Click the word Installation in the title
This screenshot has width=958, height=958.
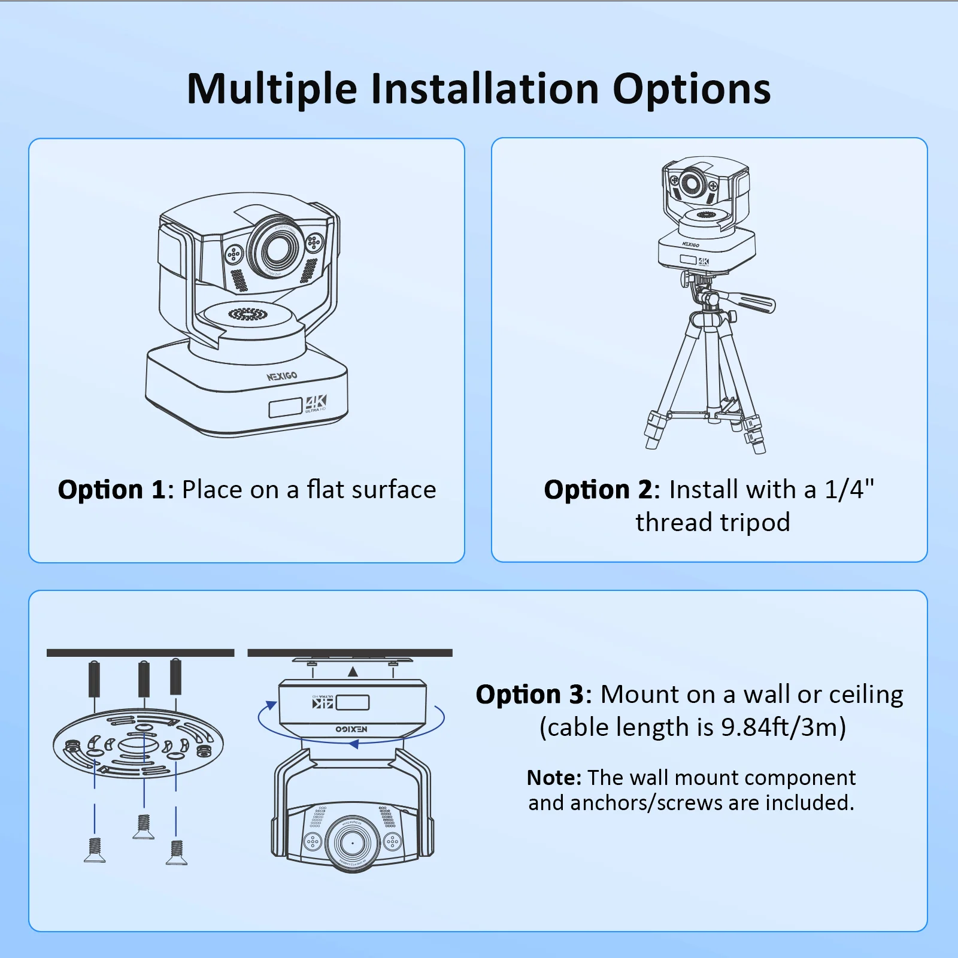click(484, 89)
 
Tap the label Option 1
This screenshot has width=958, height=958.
click(111, 490)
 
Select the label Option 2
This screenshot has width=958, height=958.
click(598, 490)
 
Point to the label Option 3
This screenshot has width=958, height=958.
click(529, 695)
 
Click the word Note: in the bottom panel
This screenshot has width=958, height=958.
click(554, 778)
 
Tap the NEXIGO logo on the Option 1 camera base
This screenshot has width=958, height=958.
click(282, 376)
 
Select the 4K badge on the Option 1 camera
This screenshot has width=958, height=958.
click(316, 403)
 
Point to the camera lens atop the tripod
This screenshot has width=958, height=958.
click(692, 183)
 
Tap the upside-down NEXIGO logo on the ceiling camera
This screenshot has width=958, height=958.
click(351, 729)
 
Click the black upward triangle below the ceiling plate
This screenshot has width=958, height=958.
click(353, 672)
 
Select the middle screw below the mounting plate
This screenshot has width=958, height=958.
click(143, 826)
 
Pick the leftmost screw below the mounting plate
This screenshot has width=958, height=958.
click(95, 850)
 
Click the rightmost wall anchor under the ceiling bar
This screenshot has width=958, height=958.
click(176, 677)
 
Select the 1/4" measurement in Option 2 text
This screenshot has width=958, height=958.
click(850, 490)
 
